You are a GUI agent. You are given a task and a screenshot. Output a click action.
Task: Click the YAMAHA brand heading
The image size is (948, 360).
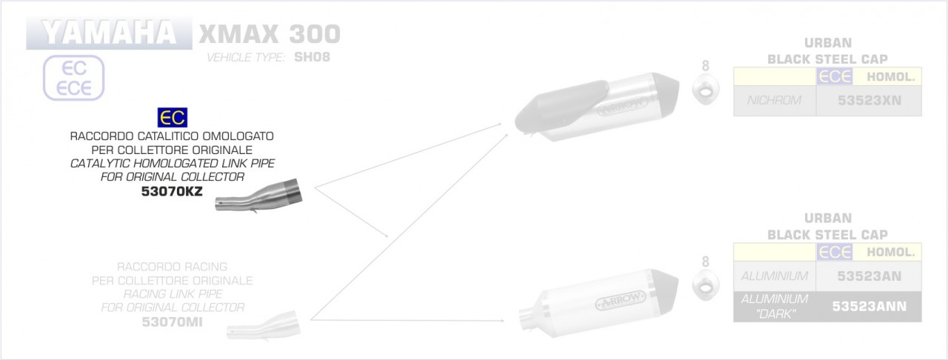tap(108, 33)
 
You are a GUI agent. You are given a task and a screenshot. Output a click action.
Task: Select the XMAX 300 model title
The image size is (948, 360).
tap(268, 34)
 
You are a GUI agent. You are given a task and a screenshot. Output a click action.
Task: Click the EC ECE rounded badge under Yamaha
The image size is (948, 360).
tap(74, 78)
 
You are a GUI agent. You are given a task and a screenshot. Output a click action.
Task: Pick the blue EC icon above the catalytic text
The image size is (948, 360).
tap(173, 118)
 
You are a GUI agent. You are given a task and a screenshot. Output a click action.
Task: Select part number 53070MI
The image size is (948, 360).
tap(172, 321)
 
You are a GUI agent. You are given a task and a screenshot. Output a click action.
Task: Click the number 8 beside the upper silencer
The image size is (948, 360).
tap(705, 66)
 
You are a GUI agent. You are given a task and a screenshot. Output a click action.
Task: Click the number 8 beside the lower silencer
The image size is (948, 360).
tap(705, 261)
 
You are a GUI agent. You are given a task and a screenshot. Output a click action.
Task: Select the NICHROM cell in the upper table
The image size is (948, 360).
tap(774, 100)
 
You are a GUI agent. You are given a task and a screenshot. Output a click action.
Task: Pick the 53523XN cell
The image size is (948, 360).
tap(869, 100)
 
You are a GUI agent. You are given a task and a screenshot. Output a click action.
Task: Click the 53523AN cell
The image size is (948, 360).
tap(869, 276)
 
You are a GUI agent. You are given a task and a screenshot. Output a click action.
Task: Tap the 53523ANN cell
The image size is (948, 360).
tap(869, 306)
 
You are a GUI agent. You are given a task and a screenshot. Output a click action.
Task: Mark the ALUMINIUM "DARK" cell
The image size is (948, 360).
tap(774, 306)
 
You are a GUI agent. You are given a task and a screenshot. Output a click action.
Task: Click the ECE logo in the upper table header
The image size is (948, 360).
tap(835, 76)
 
